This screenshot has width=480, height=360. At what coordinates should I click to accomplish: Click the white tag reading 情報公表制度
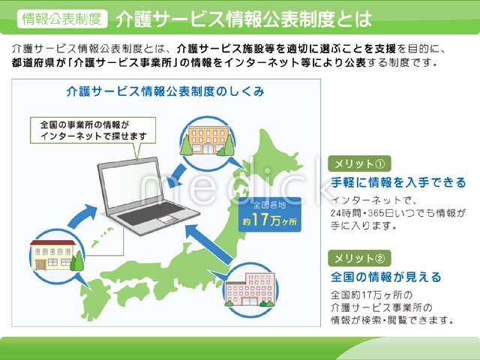point(62,19)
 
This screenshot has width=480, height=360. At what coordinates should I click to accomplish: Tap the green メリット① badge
point(359,163)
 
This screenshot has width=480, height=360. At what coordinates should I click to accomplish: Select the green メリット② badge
point(359,258)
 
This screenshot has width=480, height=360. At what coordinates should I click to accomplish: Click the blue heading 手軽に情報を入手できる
point(398,182)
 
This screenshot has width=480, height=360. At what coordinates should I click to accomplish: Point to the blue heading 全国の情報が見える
point(386,277)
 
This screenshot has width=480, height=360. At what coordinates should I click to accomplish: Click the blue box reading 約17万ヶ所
point(270,214)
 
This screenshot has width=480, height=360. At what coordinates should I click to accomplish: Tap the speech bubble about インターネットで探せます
point(93,130)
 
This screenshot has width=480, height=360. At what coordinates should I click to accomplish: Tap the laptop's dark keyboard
point(151,213)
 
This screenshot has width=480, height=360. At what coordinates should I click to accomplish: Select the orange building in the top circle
point(208,140)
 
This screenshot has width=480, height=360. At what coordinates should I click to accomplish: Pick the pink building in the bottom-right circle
point(250,289)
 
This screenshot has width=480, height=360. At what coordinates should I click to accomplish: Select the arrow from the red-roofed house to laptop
point(82,217)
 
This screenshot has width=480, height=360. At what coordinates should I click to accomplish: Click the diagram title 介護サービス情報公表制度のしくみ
point(165,91)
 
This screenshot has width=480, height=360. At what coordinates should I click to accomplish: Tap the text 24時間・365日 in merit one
point(361,213)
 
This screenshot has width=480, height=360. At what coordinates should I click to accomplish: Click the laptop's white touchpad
point(167,219)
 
